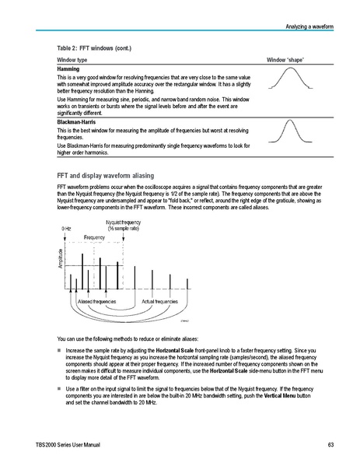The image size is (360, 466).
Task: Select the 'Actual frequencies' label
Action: [x=160, y=300]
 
